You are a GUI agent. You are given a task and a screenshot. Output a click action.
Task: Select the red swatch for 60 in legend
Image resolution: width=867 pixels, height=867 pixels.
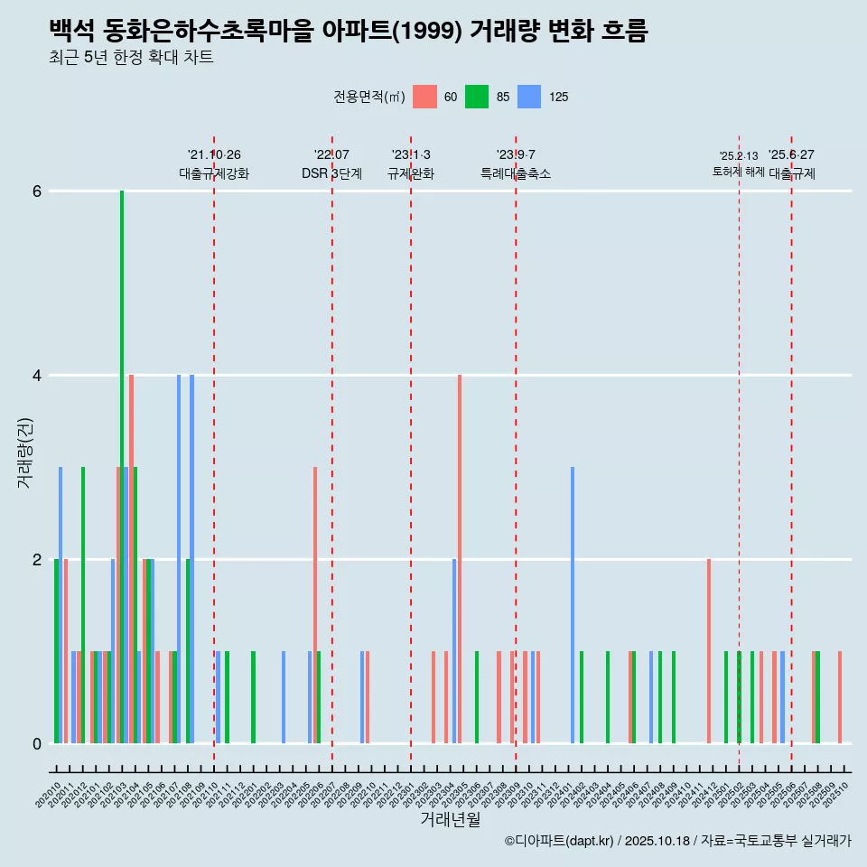click(x=424, y=97)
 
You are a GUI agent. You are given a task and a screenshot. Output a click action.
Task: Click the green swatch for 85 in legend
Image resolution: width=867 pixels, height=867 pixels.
click(x=477, y=97)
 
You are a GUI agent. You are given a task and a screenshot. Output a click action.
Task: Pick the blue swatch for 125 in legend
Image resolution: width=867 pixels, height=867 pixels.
click(x=529, y=97)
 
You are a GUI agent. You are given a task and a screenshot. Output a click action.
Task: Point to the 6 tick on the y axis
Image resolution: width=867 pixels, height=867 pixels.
click(x=37, y=191)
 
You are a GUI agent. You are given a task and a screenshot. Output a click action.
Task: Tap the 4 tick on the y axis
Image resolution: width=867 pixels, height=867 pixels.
click(x=37, y=376)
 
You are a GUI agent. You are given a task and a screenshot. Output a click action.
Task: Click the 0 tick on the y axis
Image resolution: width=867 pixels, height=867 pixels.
click(x=37, y=744)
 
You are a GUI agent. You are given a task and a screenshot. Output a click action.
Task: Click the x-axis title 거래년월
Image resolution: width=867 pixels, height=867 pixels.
click(x=450, y=819)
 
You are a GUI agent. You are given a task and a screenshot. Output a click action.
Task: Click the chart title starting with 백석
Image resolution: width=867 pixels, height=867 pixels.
click(x=349, y=31)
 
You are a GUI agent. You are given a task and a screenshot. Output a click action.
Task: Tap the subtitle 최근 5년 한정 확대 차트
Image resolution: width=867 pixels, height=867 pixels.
click(x=131, y=58)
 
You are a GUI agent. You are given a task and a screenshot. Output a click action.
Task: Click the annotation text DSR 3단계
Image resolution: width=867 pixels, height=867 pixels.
click(x=331, y=173)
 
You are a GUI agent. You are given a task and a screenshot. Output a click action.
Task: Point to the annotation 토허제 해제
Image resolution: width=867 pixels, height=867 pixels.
click(x=739, y=172)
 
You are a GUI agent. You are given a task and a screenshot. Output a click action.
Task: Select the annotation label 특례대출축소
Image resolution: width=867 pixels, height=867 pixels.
click(x=516, y=173)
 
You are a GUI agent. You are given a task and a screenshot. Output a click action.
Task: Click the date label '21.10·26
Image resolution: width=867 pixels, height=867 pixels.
click(x=214, y=154)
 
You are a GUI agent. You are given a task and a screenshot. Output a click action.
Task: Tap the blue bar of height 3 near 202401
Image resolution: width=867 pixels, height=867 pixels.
click(x=573, y=605)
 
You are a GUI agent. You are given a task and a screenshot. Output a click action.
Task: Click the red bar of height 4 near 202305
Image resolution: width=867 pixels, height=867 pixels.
click(x=460, y=560)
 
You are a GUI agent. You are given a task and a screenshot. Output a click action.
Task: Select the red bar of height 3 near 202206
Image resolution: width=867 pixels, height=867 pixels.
click(x=315, y=605)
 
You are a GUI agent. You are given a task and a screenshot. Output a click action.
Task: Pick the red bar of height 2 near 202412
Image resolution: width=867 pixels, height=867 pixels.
click(x=709, y=651)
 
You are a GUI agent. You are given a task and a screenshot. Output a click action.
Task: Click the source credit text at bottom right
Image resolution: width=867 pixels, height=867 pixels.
click(x=678, y=841)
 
